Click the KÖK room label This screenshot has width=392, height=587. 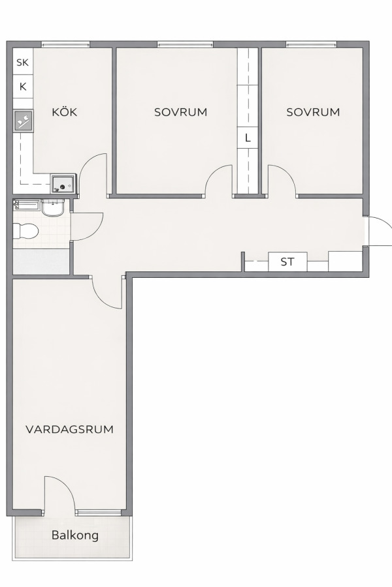point(64,112)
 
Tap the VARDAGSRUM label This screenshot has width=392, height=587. point(69,429)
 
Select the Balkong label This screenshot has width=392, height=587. point(75,535)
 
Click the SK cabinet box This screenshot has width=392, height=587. point(23,62)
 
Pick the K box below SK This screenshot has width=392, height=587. point(23,87)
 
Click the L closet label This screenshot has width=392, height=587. point(248,138)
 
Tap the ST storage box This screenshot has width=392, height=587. point(287,262)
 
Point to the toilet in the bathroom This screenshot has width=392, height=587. point(25,231)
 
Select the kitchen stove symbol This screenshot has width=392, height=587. point(24,121)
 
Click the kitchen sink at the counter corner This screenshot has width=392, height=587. point(63,184)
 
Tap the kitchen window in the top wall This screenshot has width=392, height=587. point(65,44)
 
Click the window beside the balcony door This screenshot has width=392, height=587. point(99,512)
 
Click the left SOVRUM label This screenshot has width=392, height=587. point(181,112)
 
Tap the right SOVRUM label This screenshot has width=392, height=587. point(313,112)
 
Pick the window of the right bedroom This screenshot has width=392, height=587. point(312,44)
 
